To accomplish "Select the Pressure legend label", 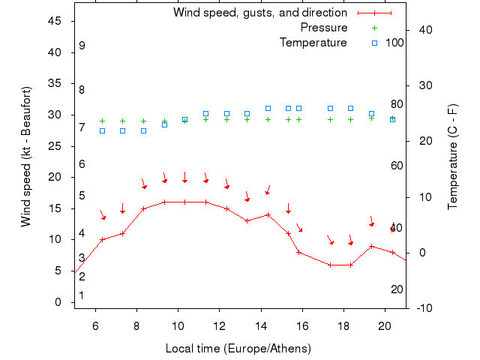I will click(x=324, y=28).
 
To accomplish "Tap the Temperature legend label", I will click(x=313, y=43).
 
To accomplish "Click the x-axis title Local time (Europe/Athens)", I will click(x=238, y=349).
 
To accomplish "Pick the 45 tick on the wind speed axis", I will click(x=55, y=21).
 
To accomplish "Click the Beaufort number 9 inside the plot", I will click(x=82, y=46).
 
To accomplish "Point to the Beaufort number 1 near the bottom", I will click(x=82, y=295).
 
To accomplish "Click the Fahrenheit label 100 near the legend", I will click(x=394, y=43).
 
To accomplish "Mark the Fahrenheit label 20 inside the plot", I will click(x=397, y=289).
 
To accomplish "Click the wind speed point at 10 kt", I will click(x=102, y=239).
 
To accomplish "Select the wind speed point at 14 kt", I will click(x=268, y=214).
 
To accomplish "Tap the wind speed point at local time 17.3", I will click(x=330, y=265).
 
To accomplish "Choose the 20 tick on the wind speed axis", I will click(x=55, y=177).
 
